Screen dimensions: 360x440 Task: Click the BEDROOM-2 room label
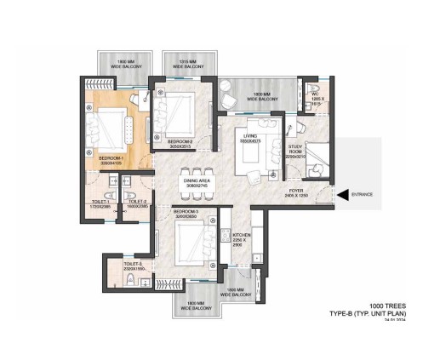(181, 143)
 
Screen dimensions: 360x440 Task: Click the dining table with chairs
(197, 165)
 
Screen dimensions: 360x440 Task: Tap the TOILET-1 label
(101, 205)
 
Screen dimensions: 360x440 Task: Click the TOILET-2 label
(137, 205)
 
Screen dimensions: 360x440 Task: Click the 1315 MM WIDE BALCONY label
(186, 65)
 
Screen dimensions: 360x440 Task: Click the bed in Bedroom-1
(112, 130)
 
